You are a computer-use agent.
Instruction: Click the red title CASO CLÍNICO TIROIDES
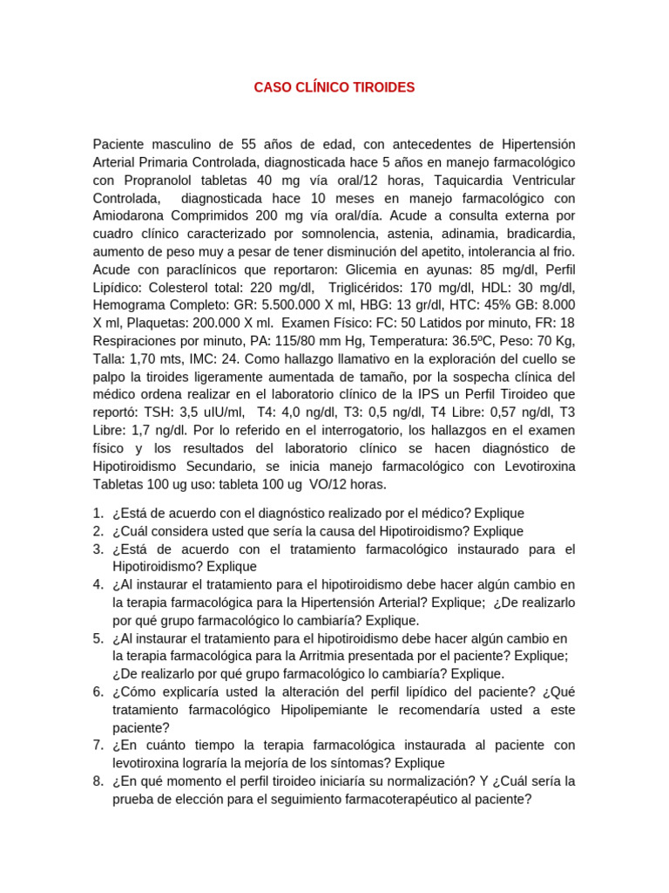[334, 87]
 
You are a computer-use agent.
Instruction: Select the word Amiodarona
[132, 216]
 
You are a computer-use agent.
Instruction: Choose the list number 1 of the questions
[98, 513]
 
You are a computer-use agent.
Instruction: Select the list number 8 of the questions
[98, 781]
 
